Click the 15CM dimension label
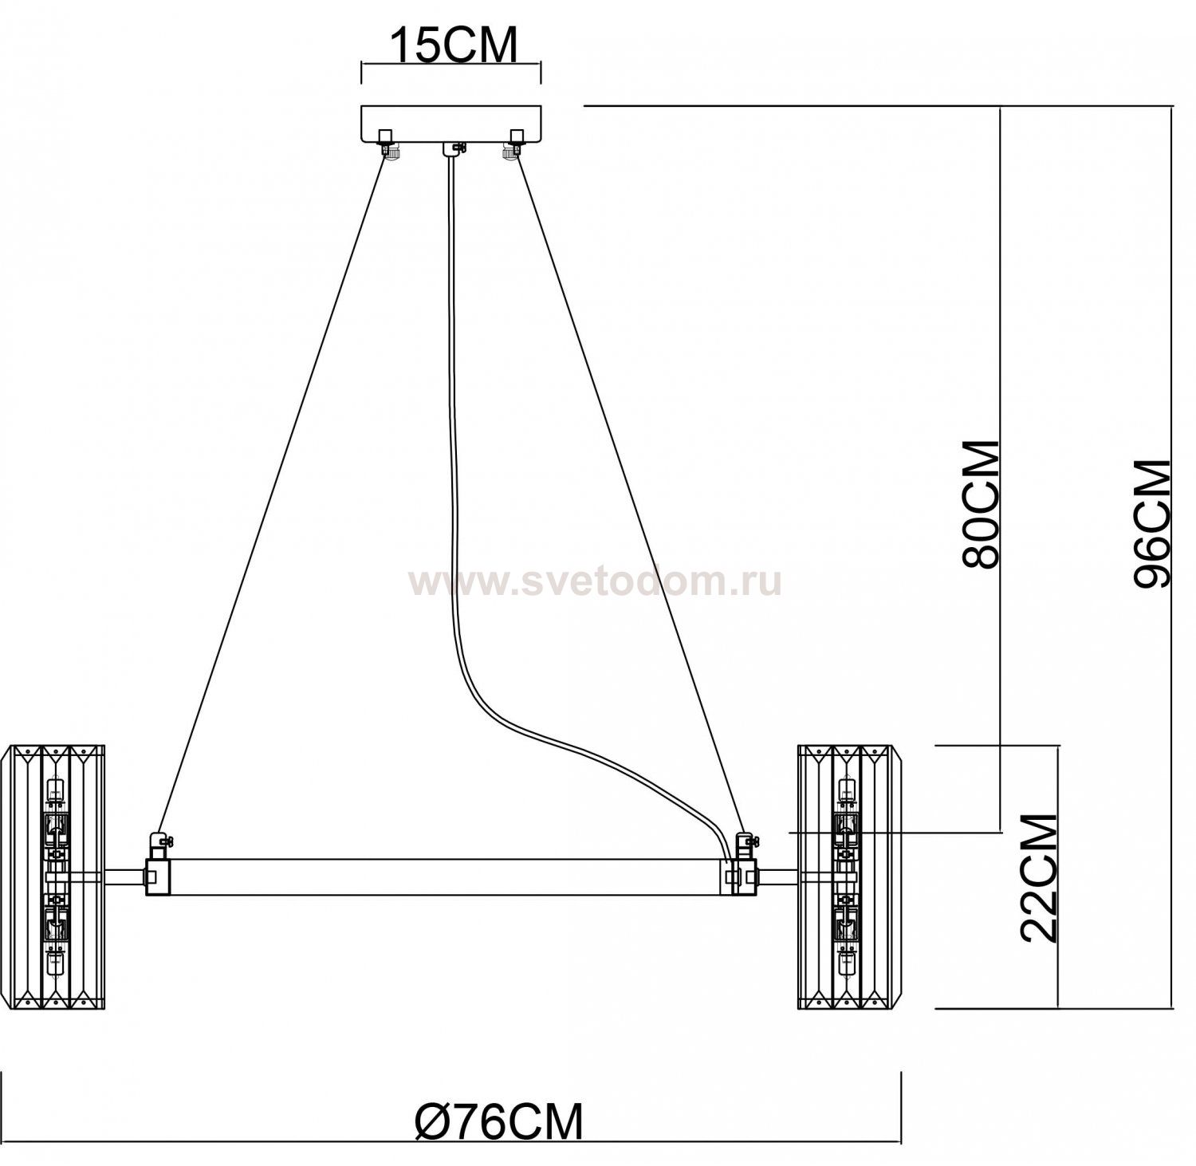tap(452, 45)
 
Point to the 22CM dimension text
tap(1038, 878)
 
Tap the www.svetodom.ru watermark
tap(594, 583)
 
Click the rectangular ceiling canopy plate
tap(451, 124)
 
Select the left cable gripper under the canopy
tap(391, 151)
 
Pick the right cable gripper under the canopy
tap(510, 151)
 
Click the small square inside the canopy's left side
tap(385, 135)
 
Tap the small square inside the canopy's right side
tap(517, 135)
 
